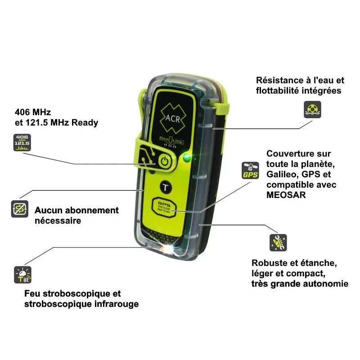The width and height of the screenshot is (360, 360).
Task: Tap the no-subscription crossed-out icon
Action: click(20, 209)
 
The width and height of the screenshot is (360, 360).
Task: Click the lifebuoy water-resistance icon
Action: click(312, 109)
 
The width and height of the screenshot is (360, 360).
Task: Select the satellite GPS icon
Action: click(250, 171)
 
